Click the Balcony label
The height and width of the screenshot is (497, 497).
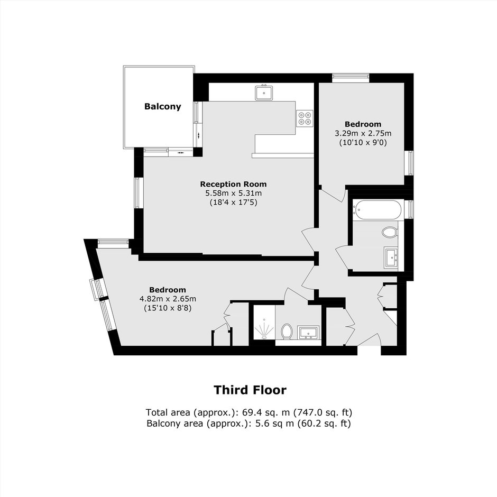point(163,106)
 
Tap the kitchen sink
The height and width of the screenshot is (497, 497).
point(264,92)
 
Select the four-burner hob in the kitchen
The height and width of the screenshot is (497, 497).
point(305,118)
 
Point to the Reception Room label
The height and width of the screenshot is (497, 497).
point(233,184)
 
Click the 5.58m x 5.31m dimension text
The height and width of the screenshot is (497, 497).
point(234,193)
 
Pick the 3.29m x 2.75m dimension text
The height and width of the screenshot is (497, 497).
point(363,133)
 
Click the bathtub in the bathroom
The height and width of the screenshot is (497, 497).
point(377,209)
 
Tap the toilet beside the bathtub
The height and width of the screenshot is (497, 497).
point(390,232)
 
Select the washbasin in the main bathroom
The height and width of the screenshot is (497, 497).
point(391,257)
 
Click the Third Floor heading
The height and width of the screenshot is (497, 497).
point(250,390)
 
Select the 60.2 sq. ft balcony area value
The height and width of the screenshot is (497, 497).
point(324,424)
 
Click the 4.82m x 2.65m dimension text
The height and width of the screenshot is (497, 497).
point(168,299)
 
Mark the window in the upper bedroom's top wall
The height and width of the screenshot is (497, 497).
point(351,78)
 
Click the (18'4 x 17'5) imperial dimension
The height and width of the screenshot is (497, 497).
point(234,202)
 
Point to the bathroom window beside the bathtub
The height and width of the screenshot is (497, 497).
point(410,209)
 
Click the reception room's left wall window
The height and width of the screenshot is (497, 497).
point(137,192)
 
